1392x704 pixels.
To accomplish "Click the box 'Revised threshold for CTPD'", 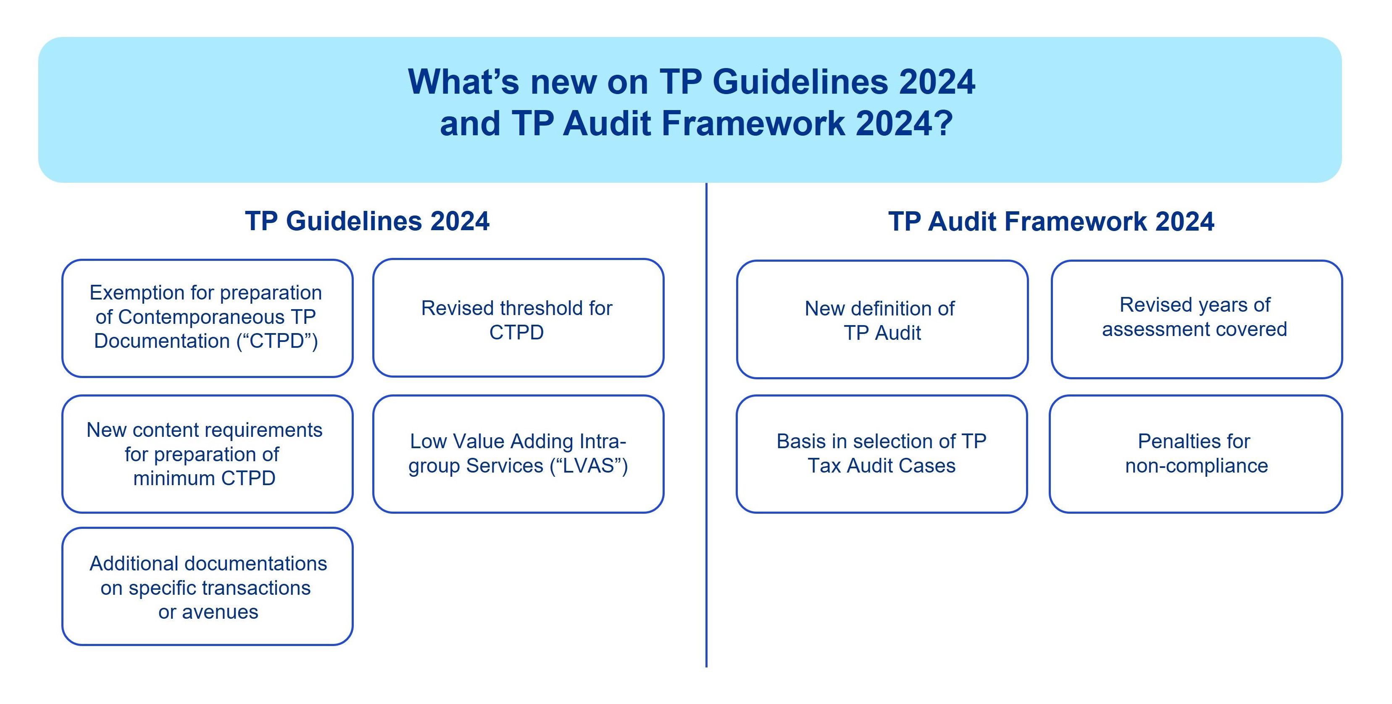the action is pos(518,318).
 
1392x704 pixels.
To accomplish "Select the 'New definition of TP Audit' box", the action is pos(882,319).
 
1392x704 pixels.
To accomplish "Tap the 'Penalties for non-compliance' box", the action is pos(1196,454).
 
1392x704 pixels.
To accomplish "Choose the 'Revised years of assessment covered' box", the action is pos(1197,319).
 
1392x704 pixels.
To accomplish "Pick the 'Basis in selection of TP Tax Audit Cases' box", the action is pos(882,454).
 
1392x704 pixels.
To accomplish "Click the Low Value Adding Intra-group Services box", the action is pos(518,454).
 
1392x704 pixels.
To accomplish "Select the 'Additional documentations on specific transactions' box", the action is pos(208,586).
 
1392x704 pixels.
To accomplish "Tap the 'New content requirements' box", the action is pos(208,454).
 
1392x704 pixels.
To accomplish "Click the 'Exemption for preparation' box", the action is pos(208,318).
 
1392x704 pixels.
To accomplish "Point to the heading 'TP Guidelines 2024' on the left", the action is pos(368,221).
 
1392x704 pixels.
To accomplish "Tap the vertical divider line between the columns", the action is pos(706,425).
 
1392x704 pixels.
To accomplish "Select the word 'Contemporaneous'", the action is pos(201,317).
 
